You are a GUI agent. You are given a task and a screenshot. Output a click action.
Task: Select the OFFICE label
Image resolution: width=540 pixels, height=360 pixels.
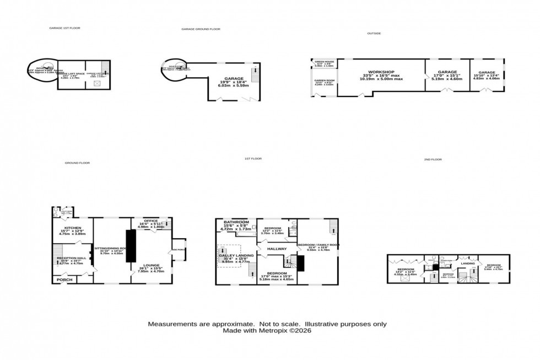150,221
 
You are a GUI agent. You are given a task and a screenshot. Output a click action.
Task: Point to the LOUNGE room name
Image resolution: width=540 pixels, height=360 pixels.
151,265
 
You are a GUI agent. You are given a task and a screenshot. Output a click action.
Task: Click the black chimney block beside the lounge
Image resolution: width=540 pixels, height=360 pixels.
131,245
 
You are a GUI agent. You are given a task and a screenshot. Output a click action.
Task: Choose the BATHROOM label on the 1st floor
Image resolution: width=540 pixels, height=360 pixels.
236,222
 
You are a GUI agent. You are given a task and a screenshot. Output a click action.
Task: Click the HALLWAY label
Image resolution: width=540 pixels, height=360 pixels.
277,249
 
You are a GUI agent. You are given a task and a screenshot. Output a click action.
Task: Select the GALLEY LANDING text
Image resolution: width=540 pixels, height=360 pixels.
236,256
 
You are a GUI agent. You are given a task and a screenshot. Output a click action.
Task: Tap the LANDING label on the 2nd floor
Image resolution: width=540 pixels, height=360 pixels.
467,264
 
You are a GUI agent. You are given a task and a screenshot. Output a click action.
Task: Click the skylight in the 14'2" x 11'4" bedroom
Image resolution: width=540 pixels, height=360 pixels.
405,279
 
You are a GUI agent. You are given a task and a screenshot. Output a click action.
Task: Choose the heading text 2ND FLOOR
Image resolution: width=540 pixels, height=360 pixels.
433,159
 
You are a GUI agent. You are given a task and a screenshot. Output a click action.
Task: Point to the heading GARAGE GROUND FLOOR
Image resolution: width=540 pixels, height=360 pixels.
201,29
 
